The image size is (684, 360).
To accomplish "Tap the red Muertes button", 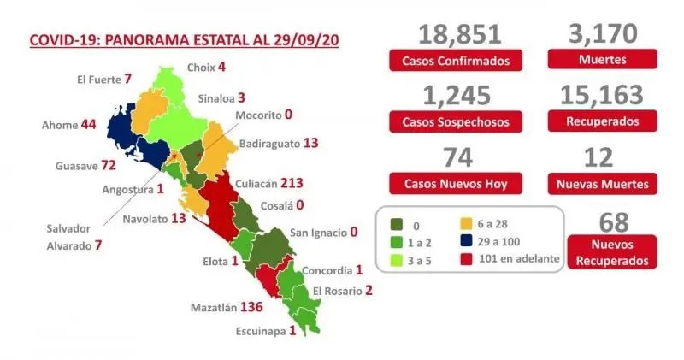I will tap(603, 61).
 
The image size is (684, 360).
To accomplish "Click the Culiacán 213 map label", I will tap(274, 183).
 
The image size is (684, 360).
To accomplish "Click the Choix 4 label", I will tap(205, 66).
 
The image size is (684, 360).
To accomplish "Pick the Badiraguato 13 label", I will tap(279, 144).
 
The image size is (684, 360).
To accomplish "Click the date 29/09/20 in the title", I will tap(304, 40).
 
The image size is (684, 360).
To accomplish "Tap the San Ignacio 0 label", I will tap(322, 232).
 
